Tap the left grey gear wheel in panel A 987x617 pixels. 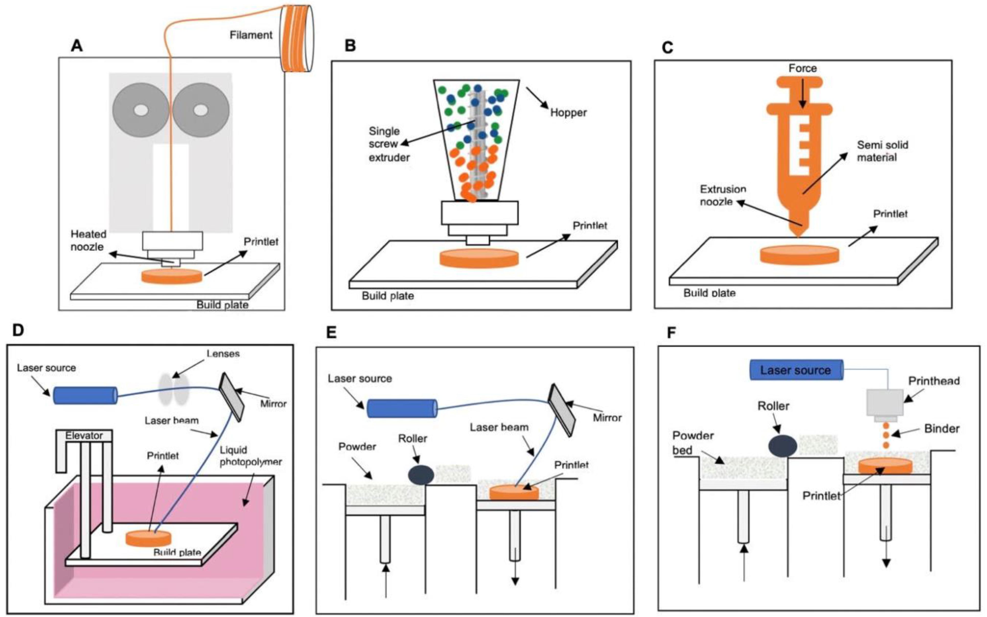point(141,110)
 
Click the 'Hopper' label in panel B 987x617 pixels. point(568,113)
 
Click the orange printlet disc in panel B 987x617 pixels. point(479,259)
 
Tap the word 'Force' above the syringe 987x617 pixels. point(802,68)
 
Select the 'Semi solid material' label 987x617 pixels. point(882,151)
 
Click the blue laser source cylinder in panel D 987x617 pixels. point(85,395)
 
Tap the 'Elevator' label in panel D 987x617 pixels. point(84,435)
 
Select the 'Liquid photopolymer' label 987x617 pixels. point(250,456)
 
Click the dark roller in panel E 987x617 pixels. point(421,475)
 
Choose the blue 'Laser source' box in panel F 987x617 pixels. point(796,370)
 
